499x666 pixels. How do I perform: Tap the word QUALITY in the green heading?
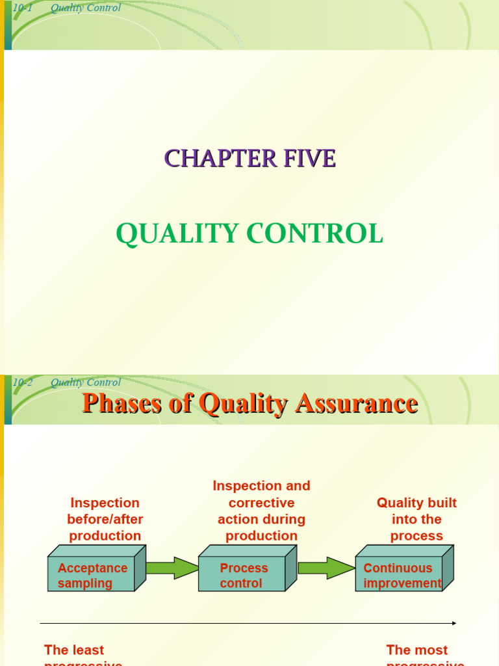click(168, 234)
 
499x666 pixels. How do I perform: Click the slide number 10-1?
click(22, 8)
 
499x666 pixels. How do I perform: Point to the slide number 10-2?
click(22, 382)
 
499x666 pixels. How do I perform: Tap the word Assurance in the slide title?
click(356, 403)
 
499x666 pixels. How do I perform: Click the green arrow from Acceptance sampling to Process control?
click(172, 568)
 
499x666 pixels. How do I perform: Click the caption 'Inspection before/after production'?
click(105, 519)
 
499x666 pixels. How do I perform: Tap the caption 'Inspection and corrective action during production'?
click(261, 511)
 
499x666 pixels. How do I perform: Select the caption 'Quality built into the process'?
click(416, 519)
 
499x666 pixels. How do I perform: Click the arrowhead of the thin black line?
click(454, 623)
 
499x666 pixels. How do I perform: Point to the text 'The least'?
click(74, 650)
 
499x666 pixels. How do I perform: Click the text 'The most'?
click(416, 650)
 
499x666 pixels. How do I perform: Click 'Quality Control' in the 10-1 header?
click(86, 8)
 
